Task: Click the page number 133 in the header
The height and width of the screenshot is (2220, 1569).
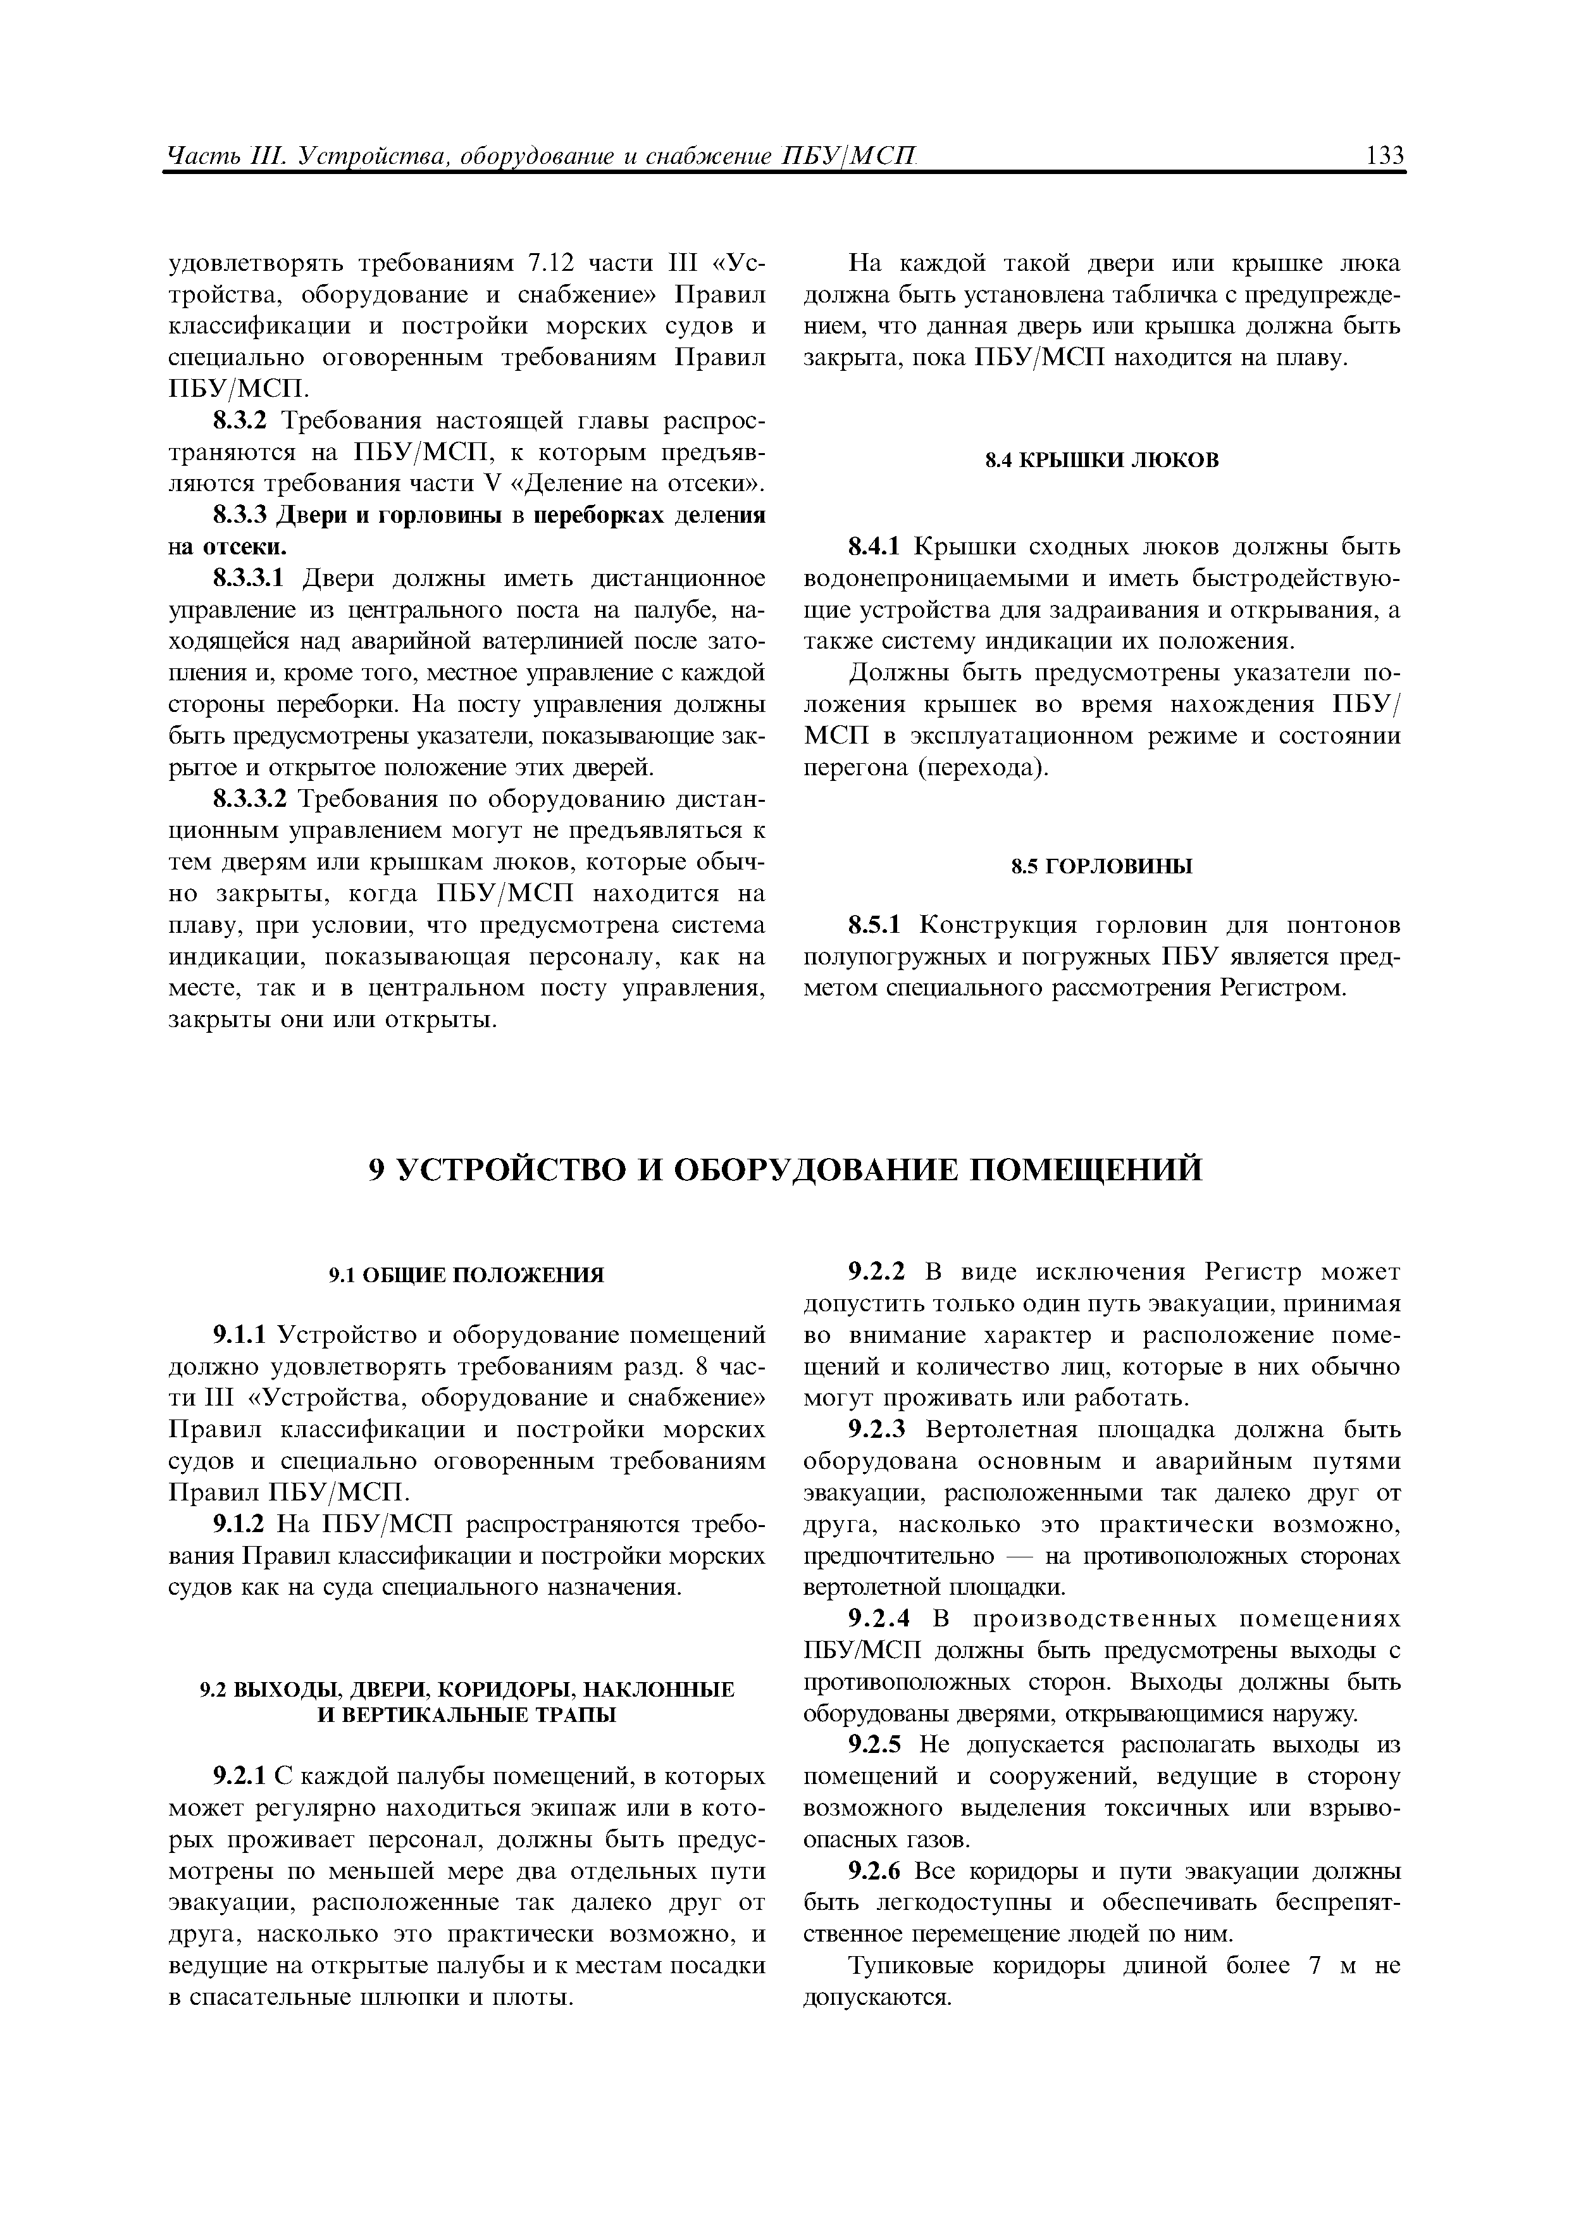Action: (x=1384, y=154)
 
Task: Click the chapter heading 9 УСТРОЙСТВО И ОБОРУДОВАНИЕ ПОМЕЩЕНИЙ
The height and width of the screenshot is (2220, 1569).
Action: (x=787, y=1169)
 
